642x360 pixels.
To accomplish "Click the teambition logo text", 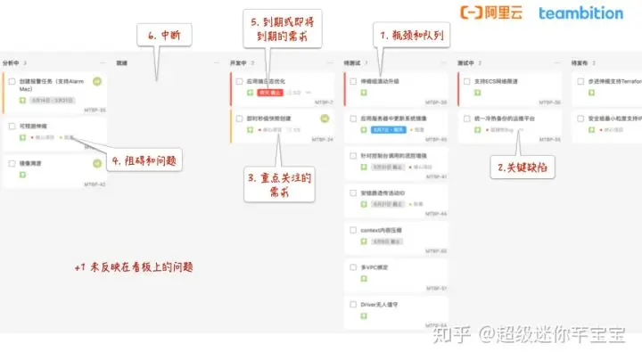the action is pyautogui.click(x=580, y=13).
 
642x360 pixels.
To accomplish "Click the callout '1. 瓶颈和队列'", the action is pyautogui.click(x=413, y=36).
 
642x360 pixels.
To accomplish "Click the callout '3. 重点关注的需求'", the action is pyautogui.click(x=279, y=186).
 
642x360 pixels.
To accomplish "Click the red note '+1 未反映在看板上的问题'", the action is pyautogui.click(x=134, y=266).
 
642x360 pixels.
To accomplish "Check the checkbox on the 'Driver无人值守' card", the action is pyautogui.click(x=353, y=304).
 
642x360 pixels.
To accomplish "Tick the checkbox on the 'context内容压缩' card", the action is pyautogui.click(x=353, y=229).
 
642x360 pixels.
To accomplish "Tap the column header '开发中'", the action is pyautogui.click(x=238, y=63).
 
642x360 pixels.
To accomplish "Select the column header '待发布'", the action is pyautogui.click(x=581, y=63).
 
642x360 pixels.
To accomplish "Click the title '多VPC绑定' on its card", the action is pyautogui.click(x=374, y=266).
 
